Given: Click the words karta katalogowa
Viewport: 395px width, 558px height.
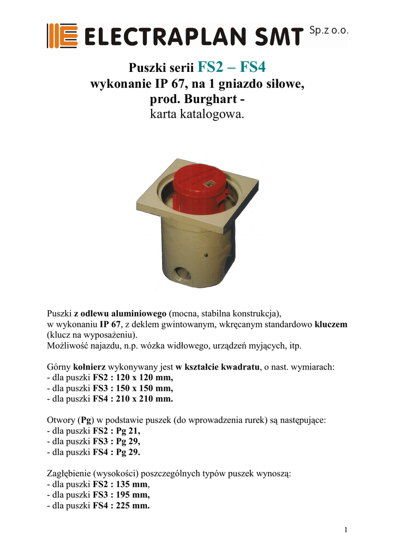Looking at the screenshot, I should (197, 116).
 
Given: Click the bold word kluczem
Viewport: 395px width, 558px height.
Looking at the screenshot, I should (331, 324).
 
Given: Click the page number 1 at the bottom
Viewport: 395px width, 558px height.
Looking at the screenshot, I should (346, 530).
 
